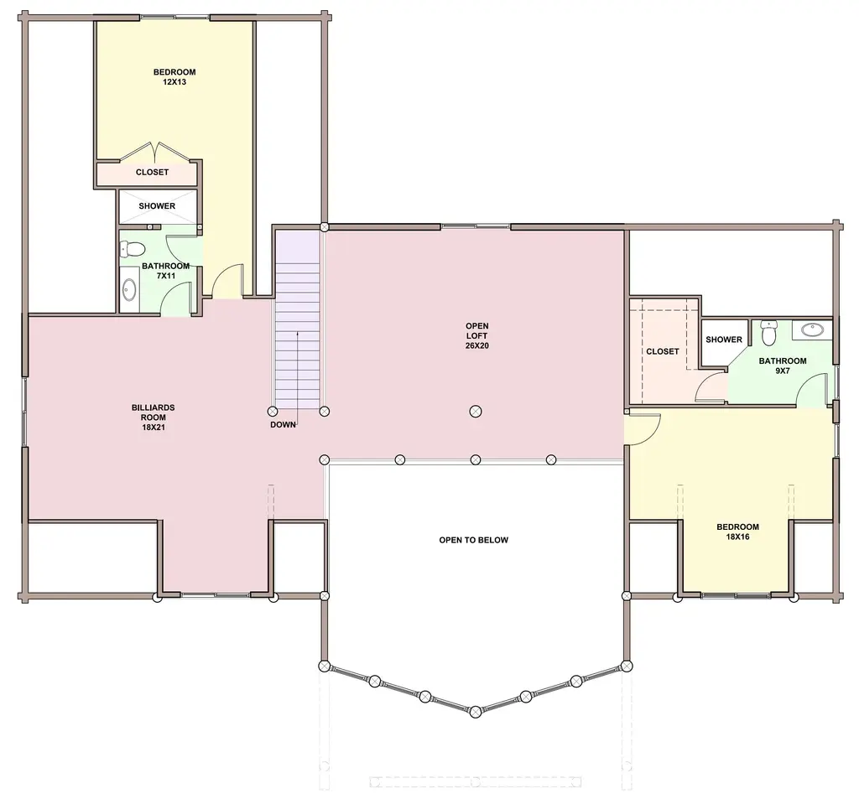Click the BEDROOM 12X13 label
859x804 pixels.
[174, 77]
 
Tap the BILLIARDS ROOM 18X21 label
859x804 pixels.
[154, 418]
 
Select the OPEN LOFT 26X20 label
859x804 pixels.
[477, 335]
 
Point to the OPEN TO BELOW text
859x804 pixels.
[474, 540]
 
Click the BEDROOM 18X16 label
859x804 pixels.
[738, 532]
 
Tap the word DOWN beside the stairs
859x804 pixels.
[283, 424]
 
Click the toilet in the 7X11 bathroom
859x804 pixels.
[132, 250]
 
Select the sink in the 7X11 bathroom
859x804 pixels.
[129, 290]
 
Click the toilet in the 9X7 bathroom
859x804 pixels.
[769, 333]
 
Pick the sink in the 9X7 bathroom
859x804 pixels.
[812, 329]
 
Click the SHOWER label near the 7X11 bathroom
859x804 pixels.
[157, 206]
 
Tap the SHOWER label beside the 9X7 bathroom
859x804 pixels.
[724, 340]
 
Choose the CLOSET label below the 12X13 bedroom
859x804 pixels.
[153, 172]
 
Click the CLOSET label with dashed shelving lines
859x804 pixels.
[663, 351]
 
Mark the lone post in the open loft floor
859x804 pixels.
[476, 412]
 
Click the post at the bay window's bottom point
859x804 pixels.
[476, 712]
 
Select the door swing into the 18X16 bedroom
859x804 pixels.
[643, 429]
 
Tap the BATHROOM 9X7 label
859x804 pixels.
[783, 366]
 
